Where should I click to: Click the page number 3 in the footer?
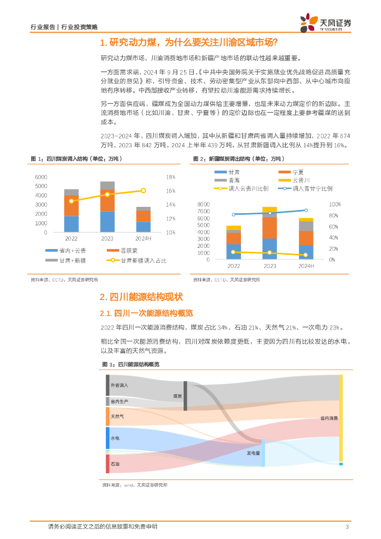[347, 527]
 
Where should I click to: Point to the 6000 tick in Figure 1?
[42, 176]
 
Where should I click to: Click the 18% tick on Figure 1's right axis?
[171, 177]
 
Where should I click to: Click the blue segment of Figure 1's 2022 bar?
[72, 224]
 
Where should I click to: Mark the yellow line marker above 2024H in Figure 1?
[143, 191]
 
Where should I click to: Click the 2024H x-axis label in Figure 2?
[306, 266]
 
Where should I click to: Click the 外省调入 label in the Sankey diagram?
[119, 385]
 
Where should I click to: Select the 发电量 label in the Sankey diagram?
[254, 452]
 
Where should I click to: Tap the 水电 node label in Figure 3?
[115, 438]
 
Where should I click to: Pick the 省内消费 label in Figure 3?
[329, 418]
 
